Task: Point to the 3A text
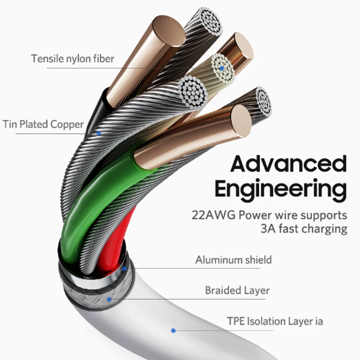[268, 228]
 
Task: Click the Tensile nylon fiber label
[72, 58]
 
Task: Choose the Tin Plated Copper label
[43, 124]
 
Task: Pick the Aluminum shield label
[233, 260]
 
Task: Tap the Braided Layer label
[237, 290]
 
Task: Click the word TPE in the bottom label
[236, 321]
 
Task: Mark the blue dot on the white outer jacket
[173, 331]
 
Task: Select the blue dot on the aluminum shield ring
[124, 268]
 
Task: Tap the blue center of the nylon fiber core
[222, 69]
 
